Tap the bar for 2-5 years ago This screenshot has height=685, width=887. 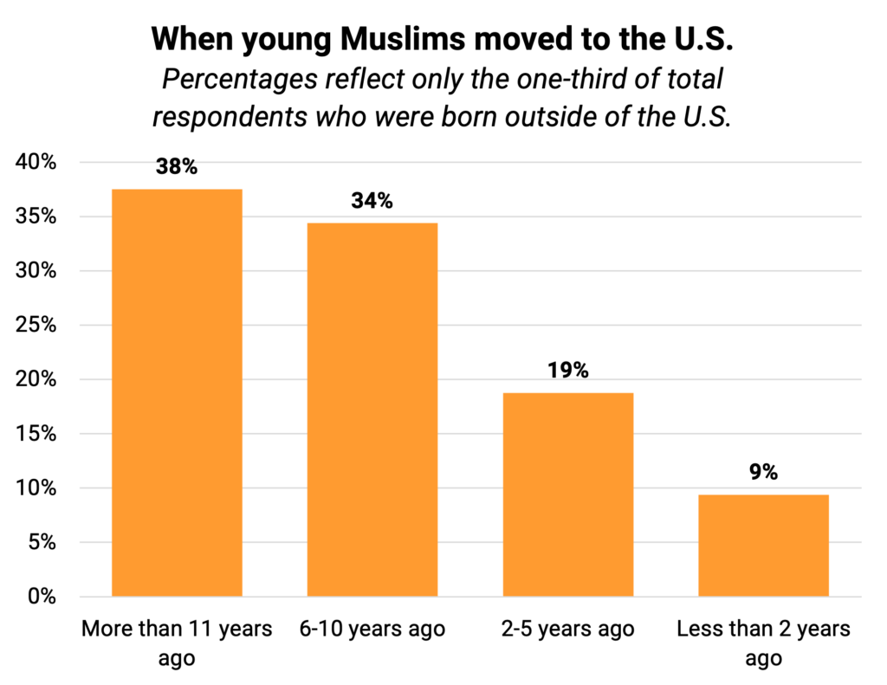click(568, 494)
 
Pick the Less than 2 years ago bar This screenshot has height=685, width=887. click(764, 546)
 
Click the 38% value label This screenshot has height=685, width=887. click(177, 166)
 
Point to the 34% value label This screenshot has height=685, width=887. click(372, 201)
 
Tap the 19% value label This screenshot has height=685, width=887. click(568, 371)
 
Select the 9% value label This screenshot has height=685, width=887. click(764, 472)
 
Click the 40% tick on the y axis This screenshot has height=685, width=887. click(37, 163)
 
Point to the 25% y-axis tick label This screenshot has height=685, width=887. click(37, 326)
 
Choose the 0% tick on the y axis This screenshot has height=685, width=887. click(42, 597)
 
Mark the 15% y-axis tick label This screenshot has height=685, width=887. click(37, 434)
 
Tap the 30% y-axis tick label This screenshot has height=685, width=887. click(37, 271)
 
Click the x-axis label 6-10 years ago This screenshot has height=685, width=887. click(372, 629)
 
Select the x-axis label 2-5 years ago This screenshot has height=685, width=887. click(568, 629)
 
